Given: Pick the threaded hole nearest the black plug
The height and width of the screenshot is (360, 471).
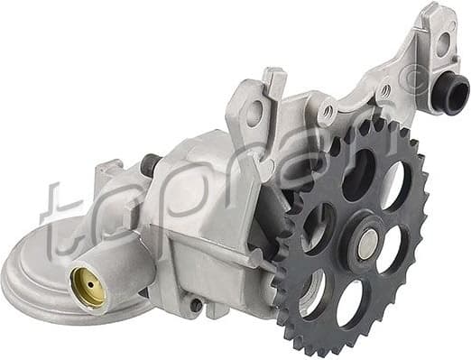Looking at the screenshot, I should tap(385, 90).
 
